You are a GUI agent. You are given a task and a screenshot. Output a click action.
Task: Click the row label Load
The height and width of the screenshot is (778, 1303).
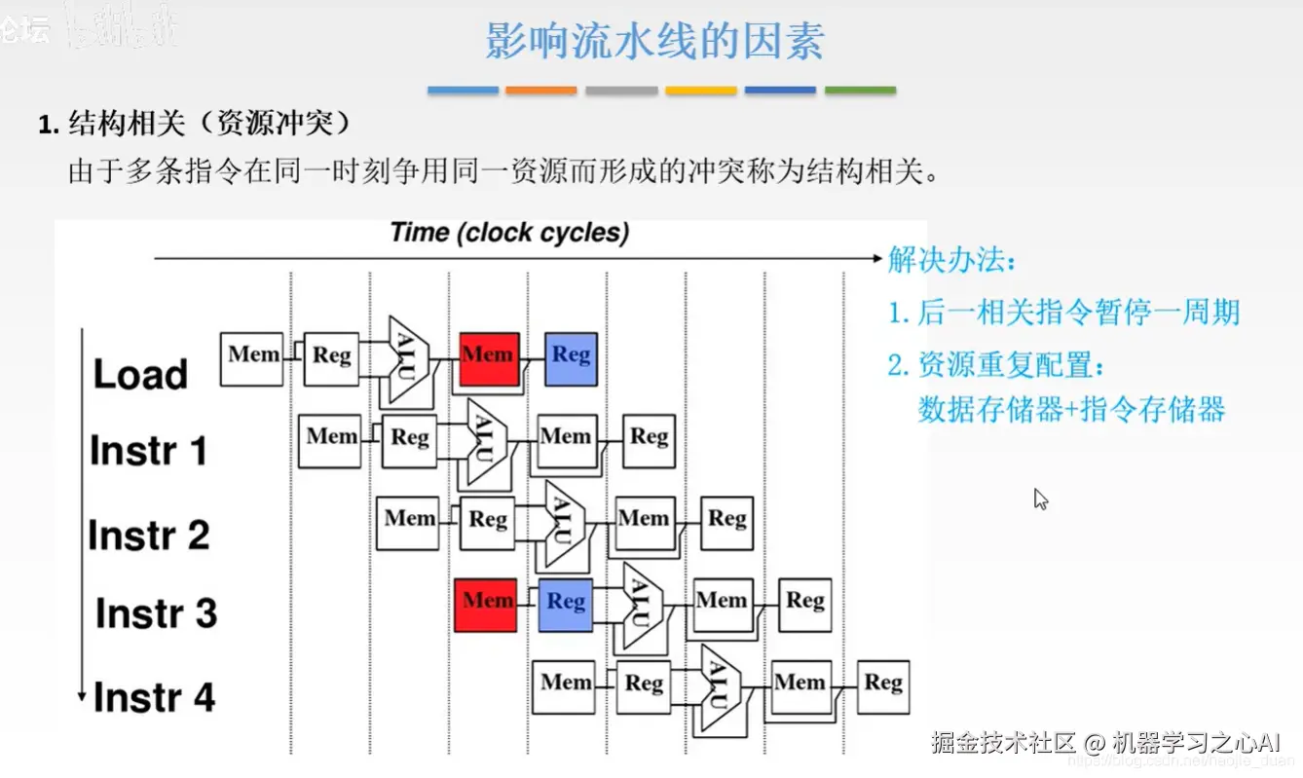140,375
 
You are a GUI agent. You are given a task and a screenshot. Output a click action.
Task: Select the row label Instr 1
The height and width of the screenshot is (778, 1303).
148,451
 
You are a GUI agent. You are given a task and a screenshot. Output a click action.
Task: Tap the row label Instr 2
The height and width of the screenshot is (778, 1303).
148,535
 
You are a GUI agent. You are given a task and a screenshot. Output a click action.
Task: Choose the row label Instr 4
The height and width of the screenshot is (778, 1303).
154,697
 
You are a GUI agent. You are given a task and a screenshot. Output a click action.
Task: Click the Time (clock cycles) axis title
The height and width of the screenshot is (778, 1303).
509,233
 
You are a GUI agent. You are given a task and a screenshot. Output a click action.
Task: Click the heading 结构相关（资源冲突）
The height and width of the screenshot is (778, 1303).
195,125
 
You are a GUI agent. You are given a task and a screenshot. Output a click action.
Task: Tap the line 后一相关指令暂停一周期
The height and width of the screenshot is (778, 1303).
1063,313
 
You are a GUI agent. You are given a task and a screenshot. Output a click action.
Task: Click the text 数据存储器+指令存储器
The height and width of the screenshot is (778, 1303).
1071,409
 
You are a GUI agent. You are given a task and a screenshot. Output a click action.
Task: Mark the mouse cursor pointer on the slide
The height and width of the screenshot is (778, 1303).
1040,500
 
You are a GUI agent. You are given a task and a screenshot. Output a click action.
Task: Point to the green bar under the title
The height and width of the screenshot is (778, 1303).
860,91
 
